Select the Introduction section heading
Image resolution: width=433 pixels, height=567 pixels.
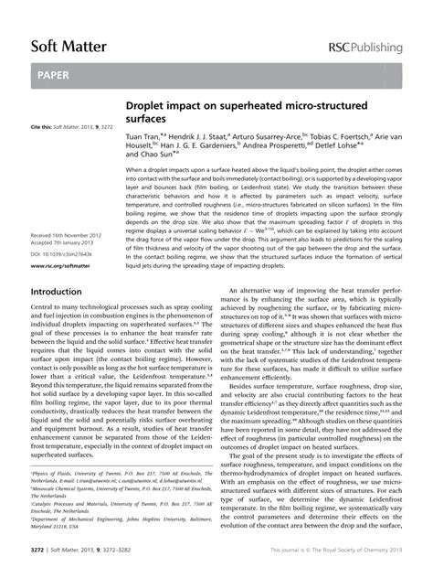(56, 292)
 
